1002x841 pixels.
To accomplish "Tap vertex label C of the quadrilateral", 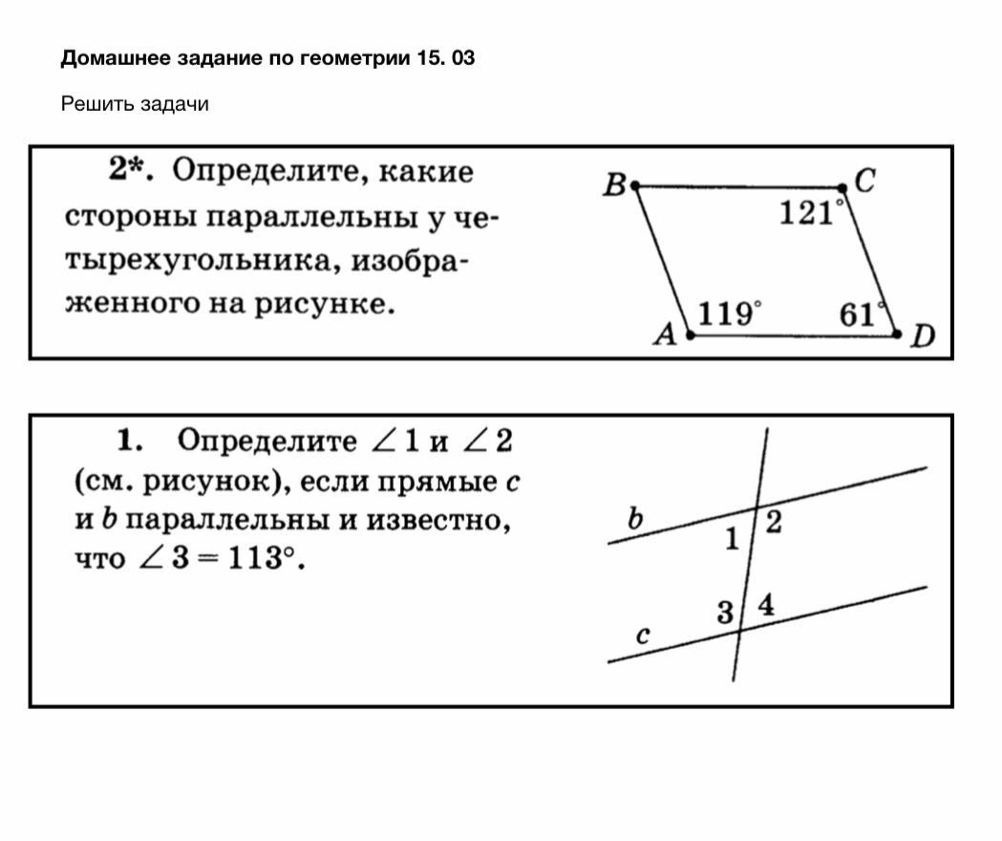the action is click(x=864, y=180).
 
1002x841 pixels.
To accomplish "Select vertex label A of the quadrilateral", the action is click(x=666, y=334).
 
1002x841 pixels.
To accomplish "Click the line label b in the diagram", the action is click(x=635, y=519).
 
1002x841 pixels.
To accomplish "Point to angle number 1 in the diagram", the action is click(x=732, y=540).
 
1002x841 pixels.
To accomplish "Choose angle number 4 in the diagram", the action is click(x=766, y=604).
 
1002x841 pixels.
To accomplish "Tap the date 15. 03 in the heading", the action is click(x=445, y=58).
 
